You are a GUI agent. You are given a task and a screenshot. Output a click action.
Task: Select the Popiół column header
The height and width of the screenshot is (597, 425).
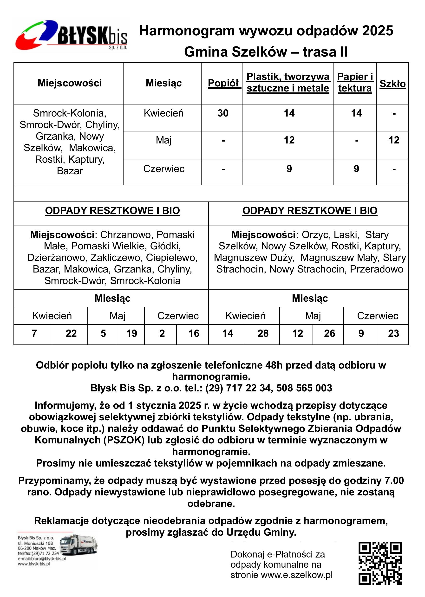tap(223, 83)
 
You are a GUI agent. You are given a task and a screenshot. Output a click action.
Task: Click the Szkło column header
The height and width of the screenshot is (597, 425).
tap(392, 84)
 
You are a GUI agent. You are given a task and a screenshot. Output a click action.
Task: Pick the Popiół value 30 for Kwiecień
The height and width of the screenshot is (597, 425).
tap(223, 113)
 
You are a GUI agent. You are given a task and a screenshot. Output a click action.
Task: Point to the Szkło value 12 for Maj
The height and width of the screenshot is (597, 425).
tap(394, 140)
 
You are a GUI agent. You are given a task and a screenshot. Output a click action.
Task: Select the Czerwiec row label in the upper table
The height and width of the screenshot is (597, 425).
tap(164, 169)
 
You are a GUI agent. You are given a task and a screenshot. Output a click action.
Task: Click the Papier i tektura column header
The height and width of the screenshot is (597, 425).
tap(355, 82)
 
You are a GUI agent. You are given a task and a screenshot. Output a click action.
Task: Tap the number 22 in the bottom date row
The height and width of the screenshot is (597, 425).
tap(71, 333)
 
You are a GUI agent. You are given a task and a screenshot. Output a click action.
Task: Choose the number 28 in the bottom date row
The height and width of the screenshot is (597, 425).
tap(263, 333)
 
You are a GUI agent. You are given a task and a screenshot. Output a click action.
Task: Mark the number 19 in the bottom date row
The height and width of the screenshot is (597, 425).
tap(132, 333)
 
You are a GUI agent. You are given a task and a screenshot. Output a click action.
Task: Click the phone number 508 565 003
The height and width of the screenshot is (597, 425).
tap(304, 388)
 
